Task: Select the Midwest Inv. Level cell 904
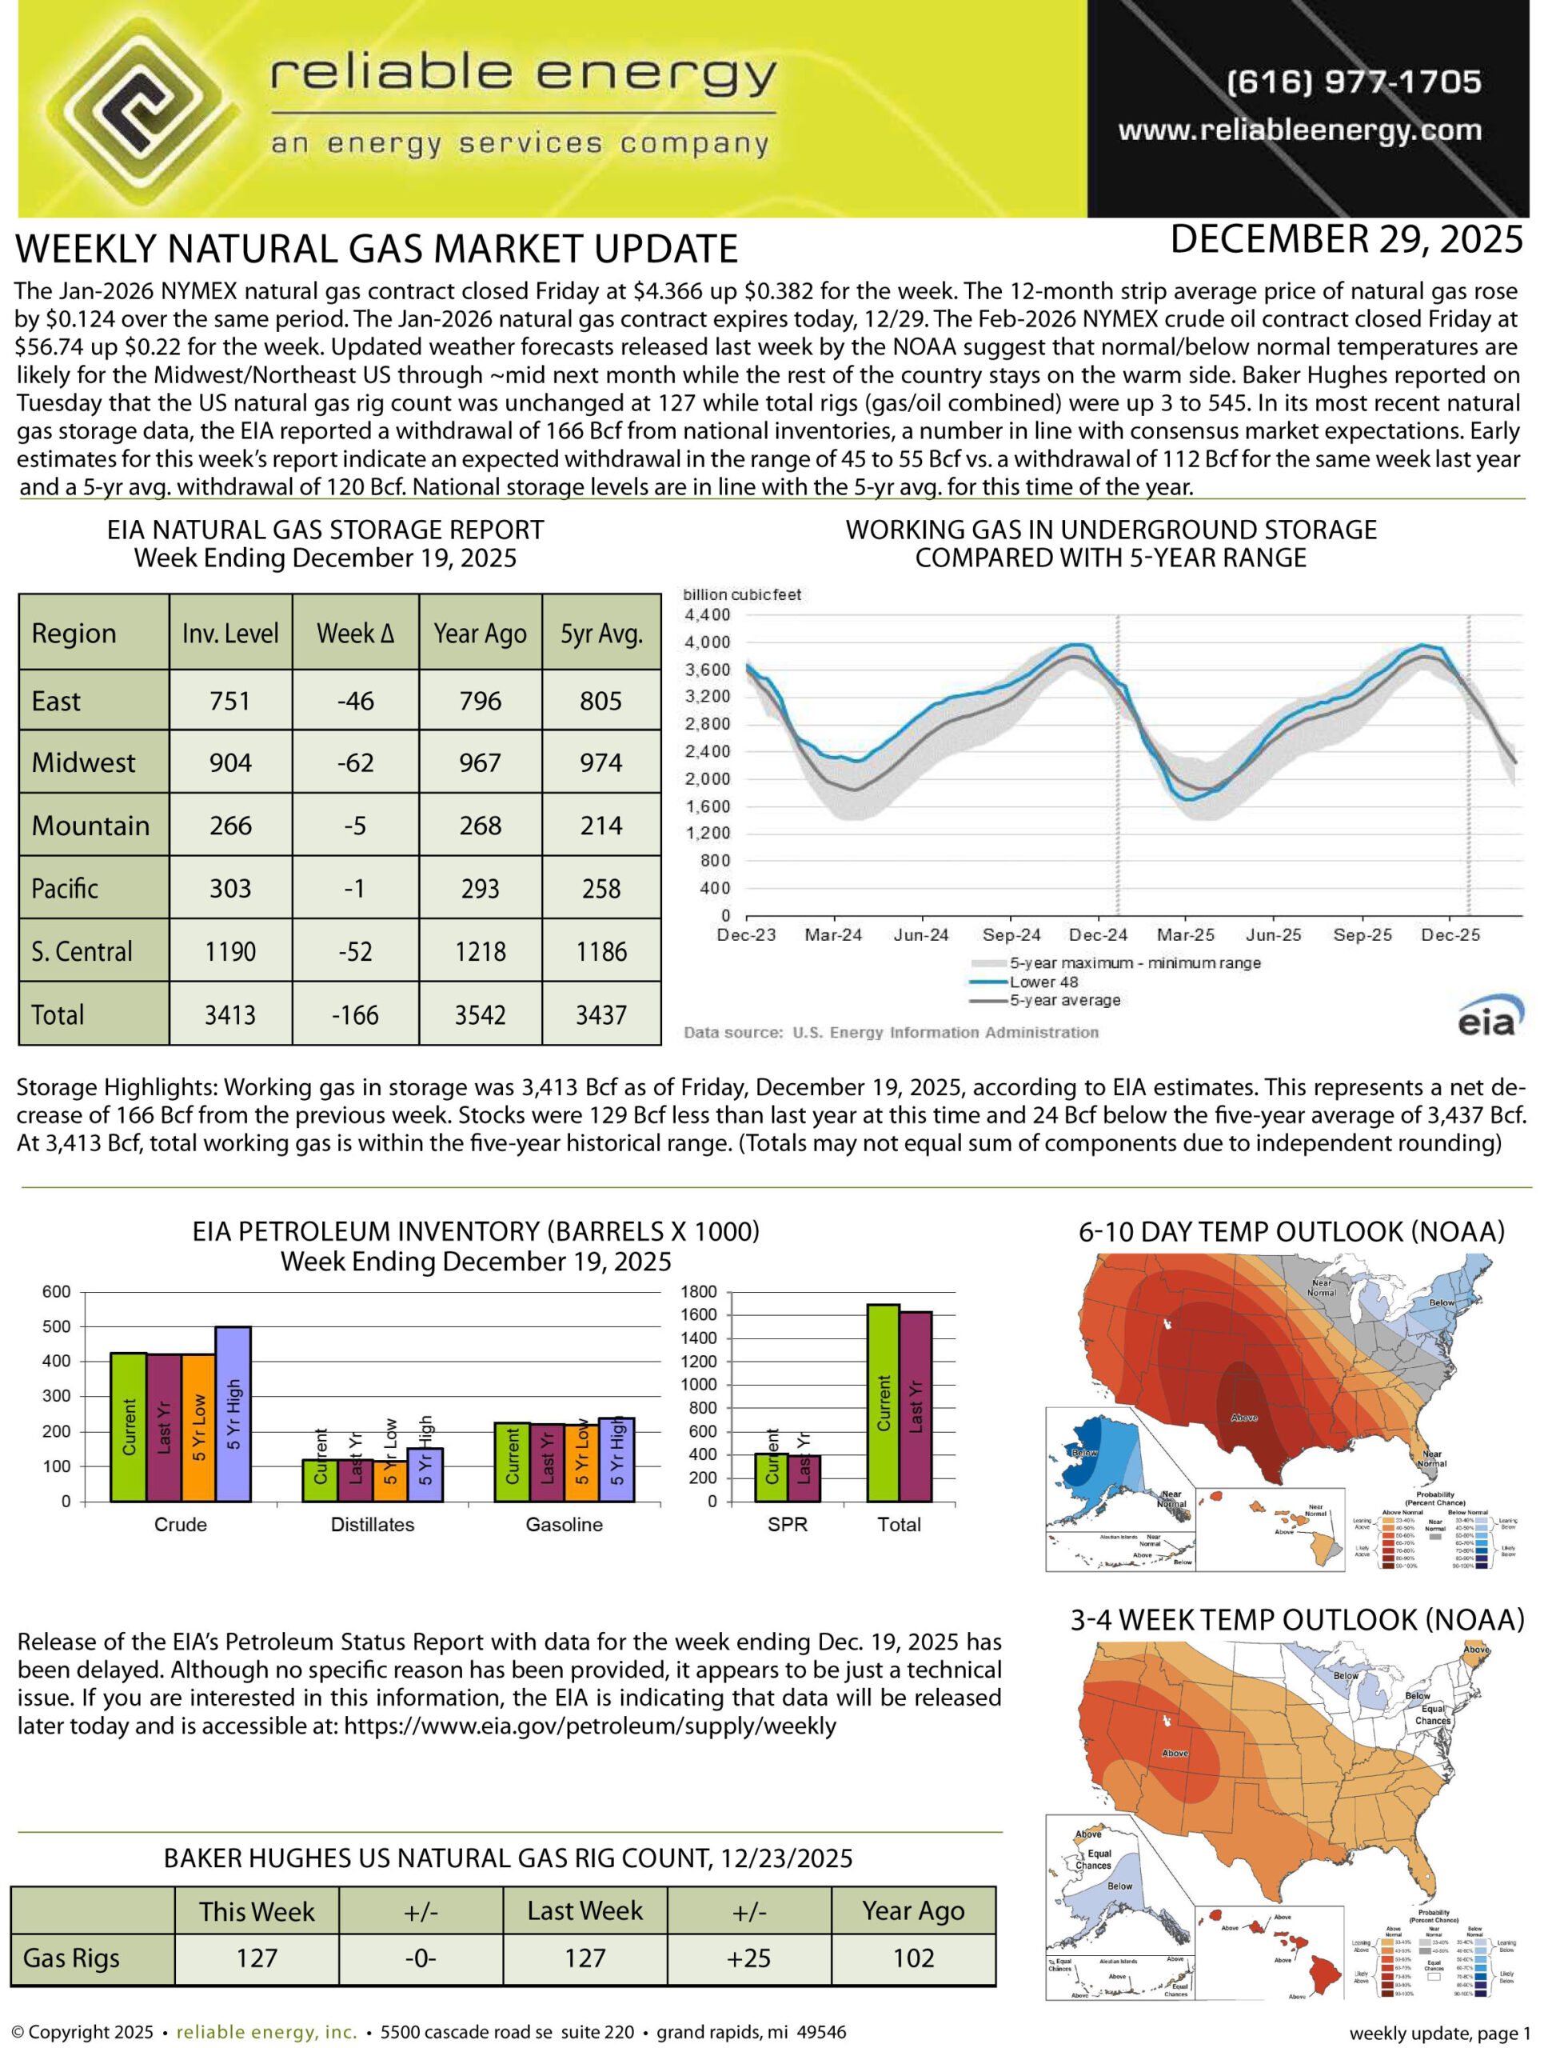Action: pos(230,763)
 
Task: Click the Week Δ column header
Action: pos(356,634)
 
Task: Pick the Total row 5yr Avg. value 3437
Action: pos(600,1015)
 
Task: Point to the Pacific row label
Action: pos(65,889)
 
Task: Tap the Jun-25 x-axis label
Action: pos(1273,935)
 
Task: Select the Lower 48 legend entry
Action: pos(1043,982)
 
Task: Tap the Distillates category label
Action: pos(373,1525)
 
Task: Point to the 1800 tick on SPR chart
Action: pos(699,1292)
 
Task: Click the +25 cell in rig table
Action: pos(749,1958)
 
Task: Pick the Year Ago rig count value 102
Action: pos(914,1958)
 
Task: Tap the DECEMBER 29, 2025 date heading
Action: pos(1346,240)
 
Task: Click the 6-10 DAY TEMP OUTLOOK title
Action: pos(1291,1231)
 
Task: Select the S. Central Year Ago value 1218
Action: pos(480,952)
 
